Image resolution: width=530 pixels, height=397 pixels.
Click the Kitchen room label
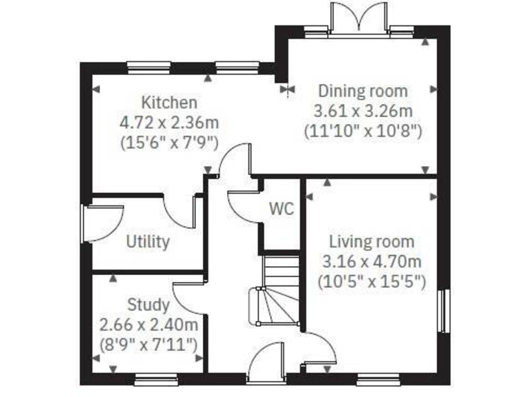click(169, 103)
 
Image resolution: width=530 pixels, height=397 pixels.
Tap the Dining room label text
click(362, 90)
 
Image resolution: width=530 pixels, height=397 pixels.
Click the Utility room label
click(148, 242)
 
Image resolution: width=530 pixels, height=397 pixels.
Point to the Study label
click(148, 305)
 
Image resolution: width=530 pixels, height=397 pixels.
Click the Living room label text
click(371, 242)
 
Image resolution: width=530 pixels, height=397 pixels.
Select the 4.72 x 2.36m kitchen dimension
click(169, 123)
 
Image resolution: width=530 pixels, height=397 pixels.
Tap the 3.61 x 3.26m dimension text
click(362, 110)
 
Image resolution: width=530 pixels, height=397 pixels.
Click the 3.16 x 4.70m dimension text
click(371, 262)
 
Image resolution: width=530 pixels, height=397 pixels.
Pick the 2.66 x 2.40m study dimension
click(149, 324)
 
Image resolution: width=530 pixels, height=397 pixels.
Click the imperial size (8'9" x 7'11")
click(149, 343)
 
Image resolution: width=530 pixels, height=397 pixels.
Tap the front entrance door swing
click(266, 362)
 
